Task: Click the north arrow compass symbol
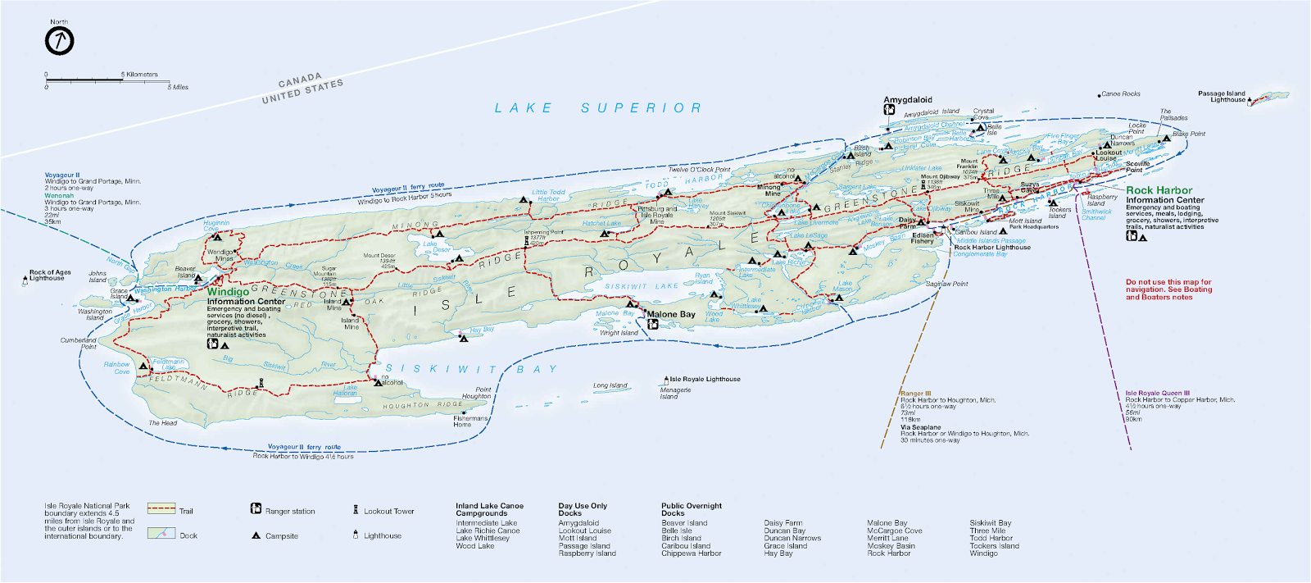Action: coord(59,40)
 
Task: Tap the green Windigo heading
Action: coord(228,292)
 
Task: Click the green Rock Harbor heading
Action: coord(1159,190)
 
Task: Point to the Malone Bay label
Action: coord(671,314)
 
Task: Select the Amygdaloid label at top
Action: coord(907,100)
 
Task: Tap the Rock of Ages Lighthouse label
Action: coord(49,276)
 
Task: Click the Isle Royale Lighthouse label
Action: coord(705,379)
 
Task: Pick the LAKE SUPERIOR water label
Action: coord(598,108)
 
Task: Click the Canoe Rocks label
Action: coord(1120,94)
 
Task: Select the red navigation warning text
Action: coord(1168,289)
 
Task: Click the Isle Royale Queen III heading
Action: coord(1157,393)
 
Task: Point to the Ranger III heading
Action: coord(915,394)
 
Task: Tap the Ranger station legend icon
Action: coord(256,509)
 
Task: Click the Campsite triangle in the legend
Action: coord(256,535)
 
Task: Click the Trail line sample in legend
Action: coord(161,509)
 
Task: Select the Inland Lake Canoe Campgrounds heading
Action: coord(489,509)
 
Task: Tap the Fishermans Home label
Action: coord(470,421)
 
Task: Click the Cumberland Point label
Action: coord(79,343)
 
